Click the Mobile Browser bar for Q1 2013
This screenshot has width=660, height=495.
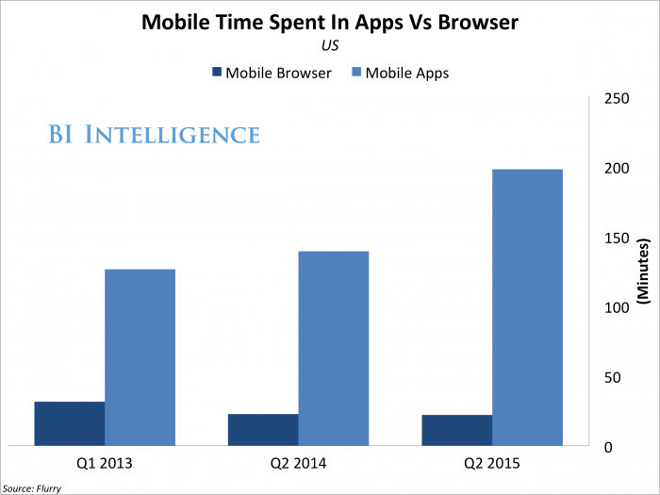pos(69,423)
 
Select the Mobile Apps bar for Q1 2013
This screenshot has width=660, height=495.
pos(140,357)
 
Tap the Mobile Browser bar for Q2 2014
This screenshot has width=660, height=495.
pos(263,429)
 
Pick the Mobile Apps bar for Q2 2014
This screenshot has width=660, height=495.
pos(333,348)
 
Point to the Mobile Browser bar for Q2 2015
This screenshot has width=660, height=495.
pos(456,430)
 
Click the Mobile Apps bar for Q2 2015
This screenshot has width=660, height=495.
pos(527,307)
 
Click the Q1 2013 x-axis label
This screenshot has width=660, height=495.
pos(105,463)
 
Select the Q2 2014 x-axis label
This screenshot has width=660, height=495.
pos(298,463)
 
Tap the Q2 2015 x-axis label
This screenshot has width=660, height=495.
pos(492,463)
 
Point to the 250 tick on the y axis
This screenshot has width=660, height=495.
pos(617,99)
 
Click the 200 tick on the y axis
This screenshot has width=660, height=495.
pos(617,169)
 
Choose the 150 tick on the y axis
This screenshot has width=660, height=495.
pos(617,239)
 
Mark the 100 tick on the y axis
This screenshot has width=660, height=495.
pos(617,308)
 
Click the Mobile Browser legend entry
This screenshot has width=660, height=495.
pos(267,73)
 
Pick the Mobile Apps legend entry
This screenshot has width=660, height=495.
pos(398,73)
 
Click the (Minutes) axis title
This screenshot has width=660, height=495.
pos(645,272)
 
